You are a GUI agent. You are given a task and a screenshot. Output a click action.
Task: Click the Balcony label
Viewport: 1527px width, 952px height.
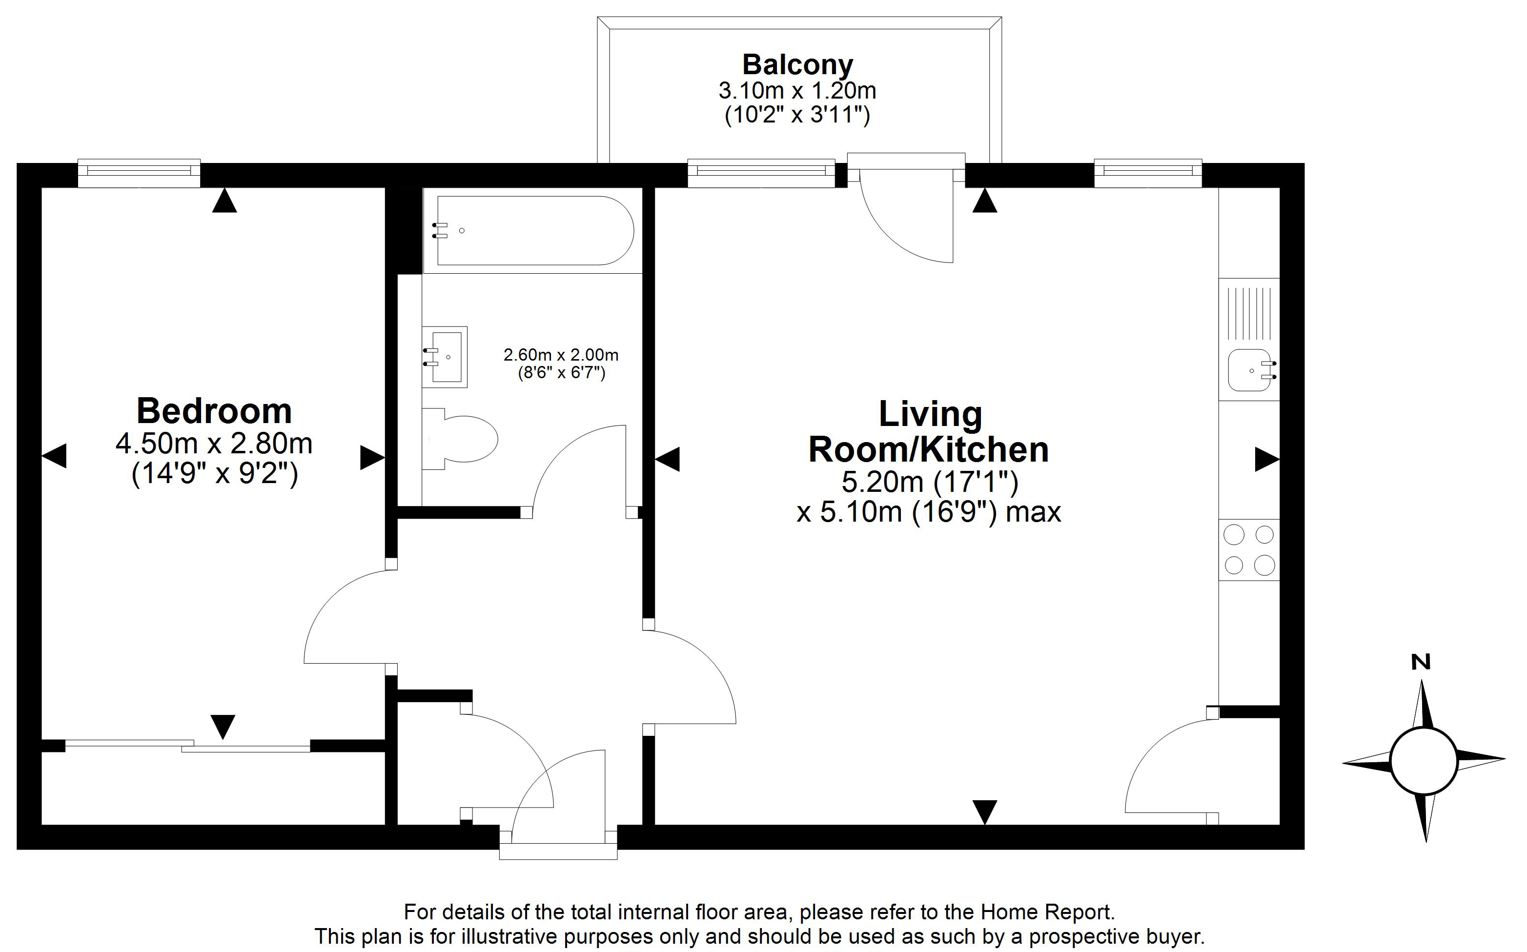797,64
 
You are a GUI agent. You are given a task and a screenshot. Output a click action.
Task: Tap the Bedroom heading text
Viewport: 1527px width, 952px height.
214,411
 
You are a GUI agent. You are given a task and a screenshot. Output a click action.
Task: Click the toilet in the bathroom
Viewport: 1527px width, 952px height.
460,439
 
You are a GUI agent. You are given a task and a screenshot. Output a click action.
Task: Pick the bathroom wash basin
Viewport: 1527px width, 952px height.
445,357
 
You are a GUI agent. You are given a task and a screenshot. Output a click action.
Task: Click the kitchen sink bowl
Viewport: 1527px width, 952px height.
1249,370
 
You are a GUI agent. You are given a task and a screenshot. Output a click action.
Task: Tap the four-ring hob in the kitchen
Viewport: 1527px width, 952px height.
1249,549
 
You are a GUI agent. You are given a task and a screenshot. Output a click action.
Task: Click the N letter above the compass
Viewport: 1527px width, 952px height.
1421,662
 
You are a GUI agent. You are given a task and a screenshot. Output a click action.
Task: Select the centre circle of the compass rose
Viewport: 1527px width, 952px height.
1424,761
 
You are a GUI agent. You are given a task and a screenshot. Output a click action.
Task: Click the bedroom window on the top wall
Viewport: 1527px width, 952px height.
139,173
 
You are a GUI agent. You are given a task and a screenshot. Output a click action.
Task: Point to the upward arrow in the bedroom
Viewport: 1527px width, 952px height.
224,201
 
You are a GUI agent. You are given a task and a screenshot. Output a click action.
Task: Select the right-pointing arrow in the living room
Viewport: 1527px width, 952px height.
1267,459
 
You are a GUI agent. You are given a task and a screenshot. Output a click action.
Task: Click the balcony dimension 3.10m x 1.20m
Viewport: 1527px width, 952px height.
797,91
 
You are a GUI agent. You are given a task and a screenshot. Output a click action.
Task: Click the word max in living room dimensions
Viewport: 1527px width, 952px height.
1033,512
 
